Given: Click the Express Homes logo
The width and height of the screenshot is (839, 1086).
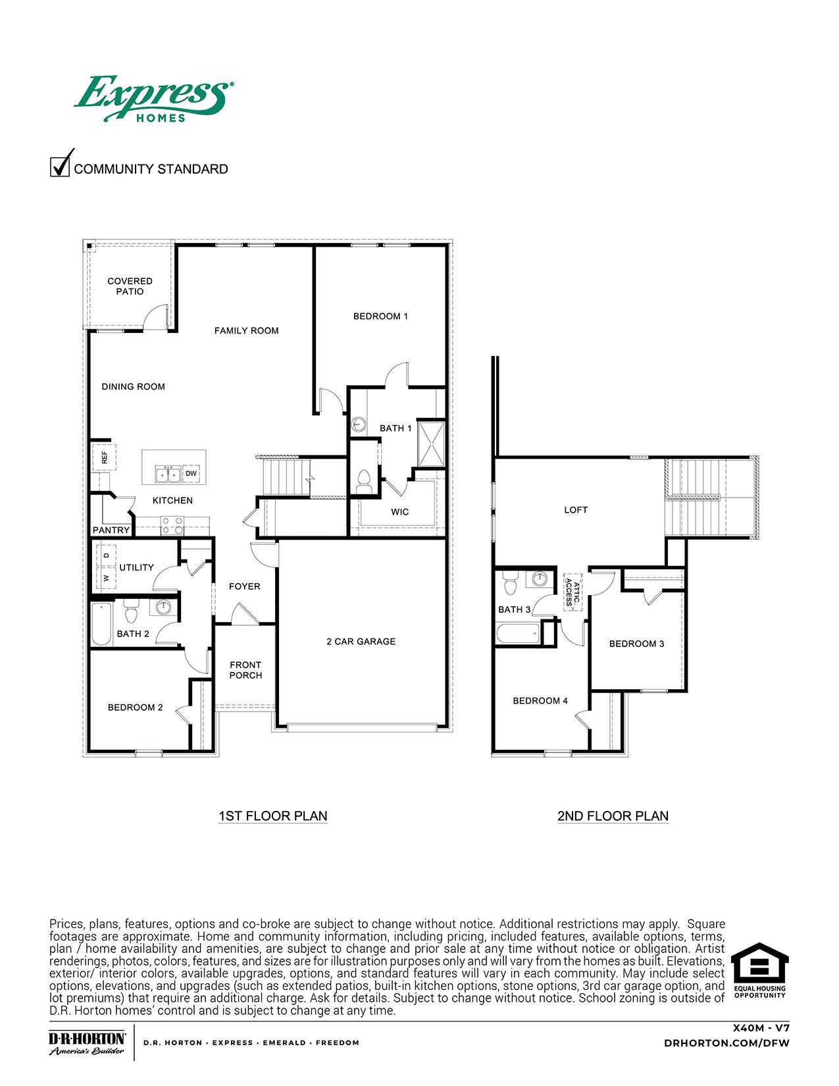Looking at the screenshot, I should [x=152, y=99].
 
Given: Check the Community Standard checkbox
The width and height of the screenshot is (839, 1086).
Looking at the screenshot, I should [x=60, y=166].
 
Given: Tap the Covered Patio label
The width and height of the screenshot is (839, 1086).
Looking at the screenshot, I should [x=130, y=286].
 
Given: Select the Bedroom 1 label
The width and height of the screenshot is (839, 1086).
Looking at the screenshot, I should [x=380, y=317].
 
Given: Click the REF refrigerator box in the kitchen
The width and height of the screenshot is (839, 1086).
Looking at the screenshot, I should [x=104, y=457].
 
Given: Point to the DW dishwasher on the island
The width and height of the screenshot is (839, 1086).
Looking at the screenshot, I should [x=191, y=473].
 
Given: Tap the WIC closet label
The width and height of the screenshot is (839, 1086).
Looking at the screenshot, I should [x=399, y=512].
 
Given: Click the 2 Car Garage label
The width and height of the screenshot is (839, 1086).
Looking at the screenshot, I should [x=361, y=641].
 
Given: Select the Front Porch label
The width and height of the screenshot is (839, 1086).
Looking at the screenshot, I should [x=245, y=670].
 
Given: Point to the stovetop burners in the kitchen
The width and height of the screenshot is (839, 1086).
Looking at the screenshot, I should [x=173, y=525].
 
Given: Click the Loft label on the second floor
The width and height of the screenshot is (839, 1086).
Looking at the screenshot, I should [x=576, y=510].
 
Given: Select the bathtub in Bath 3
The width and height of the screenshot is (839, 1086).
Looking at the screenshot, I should [x=518, y=635].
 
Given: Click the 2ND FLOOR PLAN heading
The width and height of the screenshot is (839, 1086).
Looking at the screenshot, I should [x=613, y=816].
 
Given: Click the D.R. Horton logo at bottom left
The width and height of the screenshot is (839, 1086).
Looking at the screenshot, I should [x=87, y=1043].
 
